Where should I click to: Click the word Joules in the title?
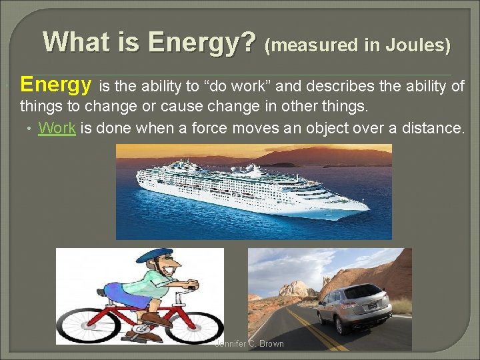(x=418, y=45)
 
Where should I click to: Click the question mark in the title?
(x=248, y=42)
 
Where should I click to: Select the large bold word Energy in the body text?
(x=56, y=85)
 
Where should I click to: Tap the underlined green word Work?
(x=57, y=128)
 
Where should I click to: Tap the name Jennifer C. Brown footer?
(x=249, y=344)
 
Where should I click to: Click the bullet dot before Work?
(x=30, y=129)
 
